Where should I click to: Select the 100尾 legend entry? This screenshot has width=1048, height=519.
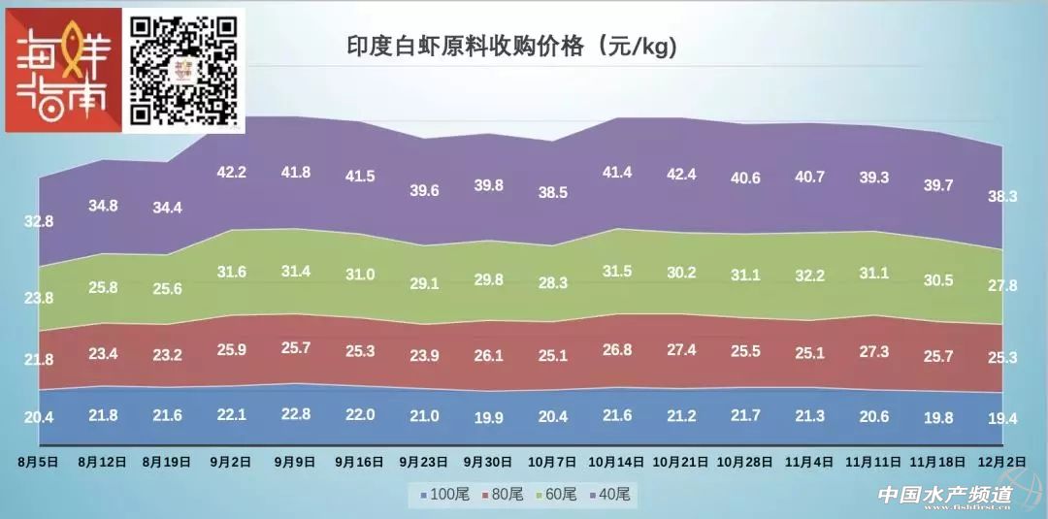click(446, 495)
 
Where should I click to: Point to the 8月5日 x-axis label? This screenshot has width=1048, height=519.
click(39, 462)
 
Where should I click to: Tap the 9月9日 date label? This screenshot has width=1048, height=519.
click(295, 462)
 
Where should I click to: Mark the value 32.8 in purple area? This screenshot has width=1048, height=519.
click(39, 221)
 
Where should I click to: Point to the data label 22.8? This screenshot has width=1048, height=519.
click(295, 414)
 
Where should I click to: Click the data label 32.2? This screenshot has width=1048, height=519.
click(809, 276)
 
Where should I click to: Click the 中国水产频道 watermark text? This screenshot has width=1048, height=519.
click(945, 495)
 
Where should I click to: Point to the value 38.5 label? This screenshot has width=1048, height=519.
click(553, 193)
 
